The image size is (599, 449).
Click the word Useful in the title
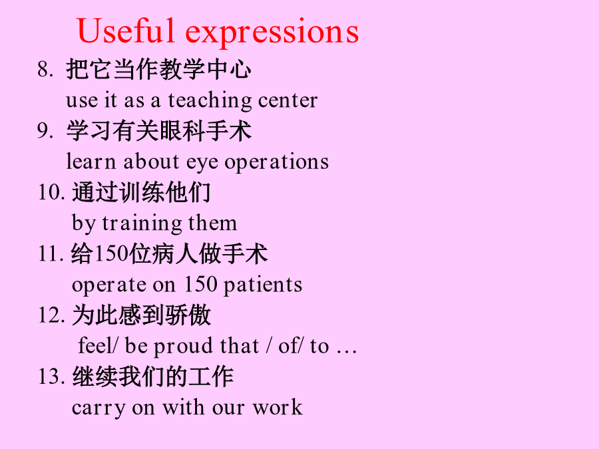point(126,31)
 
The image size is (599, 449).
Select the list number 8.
point(45,69)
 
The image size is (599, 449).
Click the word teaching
point(210,101)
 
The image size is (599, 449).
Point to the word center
point(288,101)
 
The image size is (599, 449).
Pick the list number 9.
point(45,130)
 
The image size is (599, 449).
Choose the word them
point(212,223)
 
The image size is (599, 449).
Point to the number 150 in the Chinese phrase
point(110,253)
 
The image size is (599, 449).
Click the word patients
point(263,285)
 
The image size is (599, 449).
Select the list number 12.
point(51,315)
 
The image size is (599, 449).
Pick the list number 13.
point(51,376)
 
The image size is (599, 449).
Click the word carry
point(99,409)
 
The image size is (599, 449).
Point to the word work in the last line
point(278,407)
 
